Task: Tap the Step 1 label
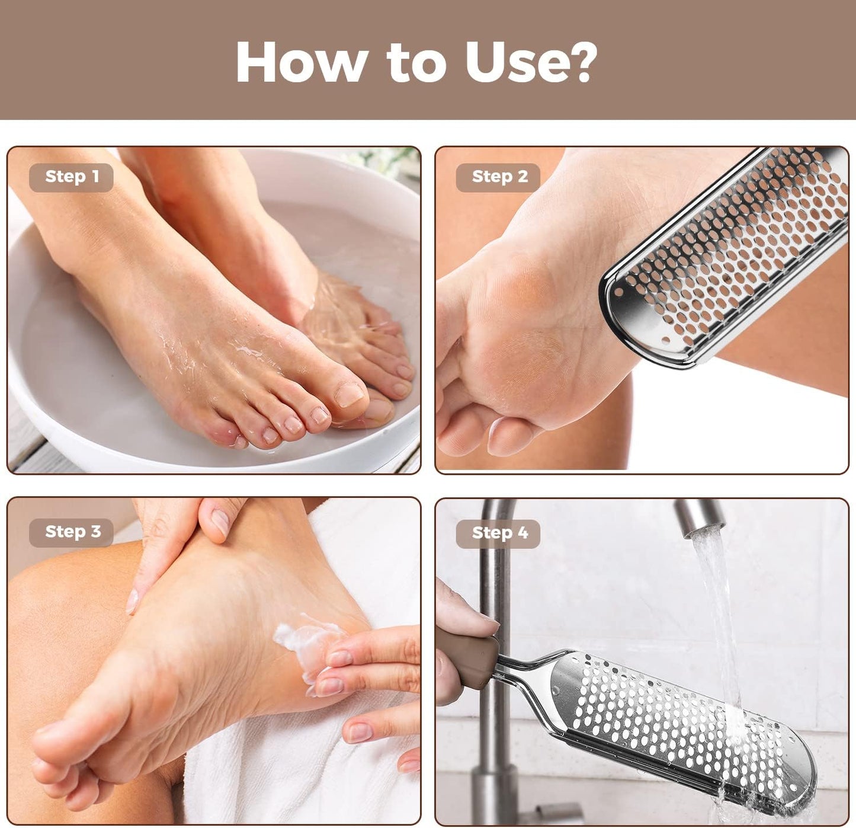pos(72,177)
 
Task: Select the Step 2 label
pos(499,177)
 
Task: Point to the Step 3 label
pos(72,532)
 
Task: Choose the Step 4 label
pos(499,533)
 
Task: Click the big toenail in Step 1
pos(349,394)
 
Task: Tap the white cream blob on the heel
pos(302,640)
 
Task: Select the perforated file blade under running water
pos(681,723)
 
